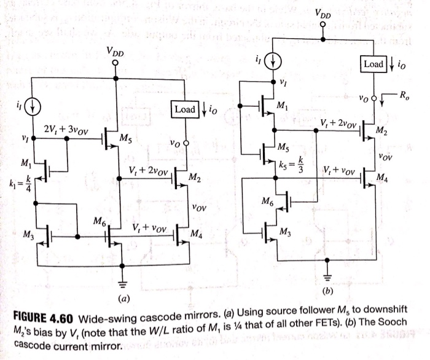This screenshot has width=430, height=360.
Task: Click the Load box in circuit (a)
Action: click(x=185, y=109)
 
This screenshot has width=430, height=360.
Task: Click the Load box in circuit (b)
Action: click(x=373, y=64)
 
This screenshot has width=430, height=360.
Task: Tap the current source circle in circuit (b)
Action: click(x=273, y=61)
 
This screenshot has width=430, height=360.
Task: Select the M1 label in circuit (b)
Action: click(x=283, y=106)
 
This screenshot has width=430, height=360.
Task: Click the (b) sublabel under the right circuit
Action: click(x=327, y=291)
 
